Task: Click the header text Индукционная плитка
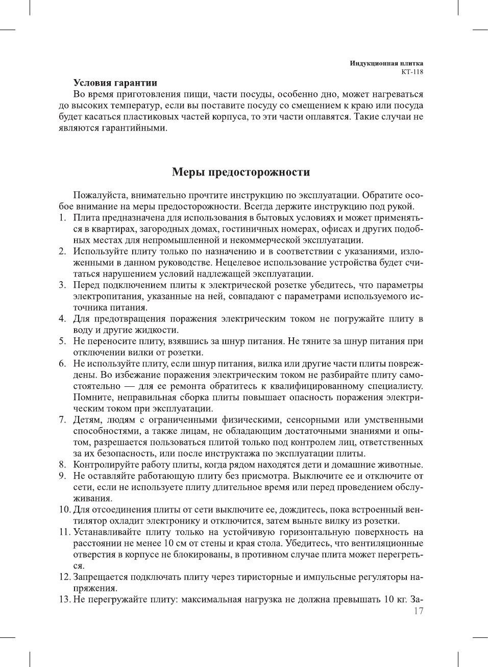386,63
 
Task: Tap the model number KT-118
412,71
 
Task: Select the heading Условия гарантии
115,83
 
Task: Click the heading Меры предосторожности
241,172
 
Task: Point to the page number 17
418,611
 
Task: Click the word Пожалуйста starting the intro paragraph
101,195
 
